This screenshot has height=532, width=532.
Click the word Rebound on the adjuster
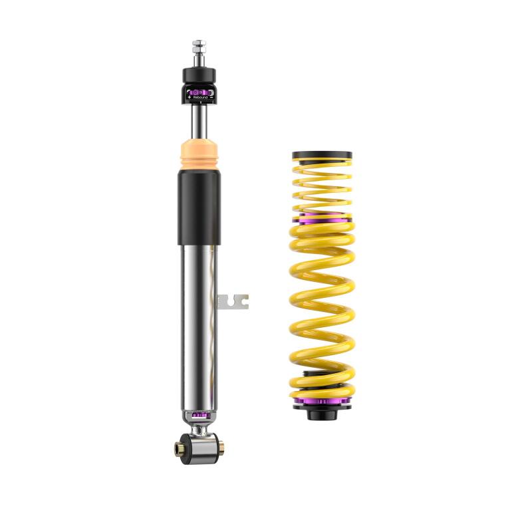pyautogui.click(x=200, y=97)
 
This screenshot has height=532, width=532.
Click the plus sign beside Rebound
pyautogui.click(x=189, y=97)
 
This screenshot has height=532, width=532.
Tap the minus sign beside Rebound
pyautogui.click(x=211, y=97)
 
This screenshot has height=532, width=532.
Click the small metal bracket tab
pyautogui.click(x=234, y=301)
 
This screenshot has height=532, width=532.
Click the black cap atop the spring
pyautogui.click(x=322, y=155)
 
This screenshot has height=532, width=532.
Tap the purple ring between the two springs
pyautogui.click(x=322, y=218)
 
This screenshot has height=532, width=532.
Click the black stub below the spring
pyautogui.click(x=322, y=415)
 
